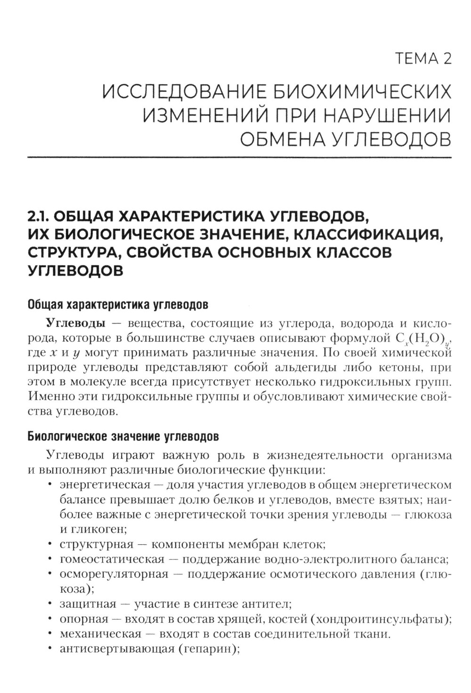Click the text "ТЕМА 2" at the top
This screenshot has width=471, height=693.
click(x=423, y=59)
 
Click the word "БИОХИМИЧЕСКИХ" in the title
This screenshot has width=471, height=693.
click(x=363, y=91)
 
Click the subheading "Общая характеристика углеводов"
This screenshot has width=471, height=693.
click(x=118, y=304)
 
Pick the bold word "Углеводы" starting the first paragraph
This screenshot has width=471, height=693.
click(x=75, y=323)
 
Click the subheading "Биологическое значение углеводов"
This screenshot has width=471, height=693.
click(x=123, y=436)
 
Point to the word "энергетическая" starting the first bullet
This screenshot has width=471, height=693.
click(x=105, y=484)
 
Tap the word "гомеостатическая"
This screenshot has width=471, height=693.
click(x=112, y=559)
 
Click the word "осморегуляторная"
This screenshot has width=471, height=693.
click(x=114, y=574)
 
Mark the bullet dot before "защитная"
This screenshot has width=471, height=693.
click(x=49, y=604)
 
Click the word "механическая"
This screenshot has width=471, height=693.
click(x=100, y=634)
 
